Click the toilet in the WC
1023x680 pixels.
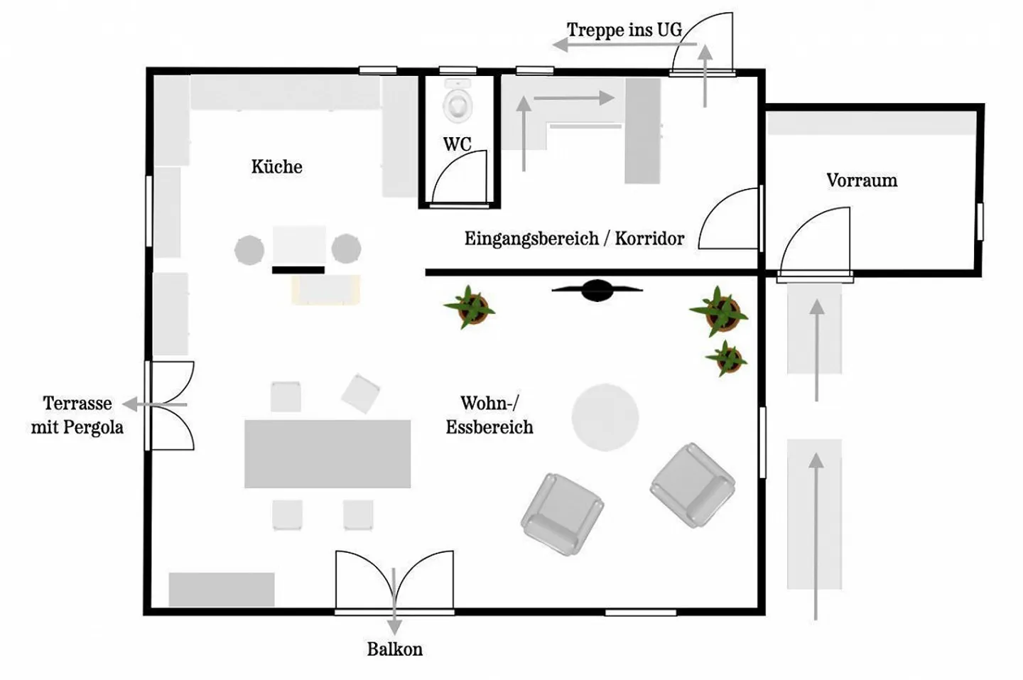458,101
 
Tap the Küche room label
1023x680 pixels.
276,167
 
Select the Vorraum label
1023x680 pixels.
861,180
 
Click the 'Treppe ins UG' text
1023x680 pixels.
624,30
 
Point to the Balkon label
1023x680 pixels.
394,649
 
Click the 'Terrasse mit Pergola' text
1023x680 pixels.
77,416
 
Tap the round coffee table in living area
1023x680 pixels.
605,417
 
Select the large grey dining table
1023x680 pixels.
328,454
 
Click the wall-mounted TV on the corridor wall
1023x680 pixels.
597,290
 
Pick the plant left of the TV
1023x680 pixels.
470,308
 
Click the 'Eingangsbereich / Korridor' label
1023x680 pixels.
574,239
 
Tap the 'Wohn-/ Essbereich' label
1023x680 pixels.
489,415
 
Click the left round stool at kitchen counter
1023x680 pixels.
249,250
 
